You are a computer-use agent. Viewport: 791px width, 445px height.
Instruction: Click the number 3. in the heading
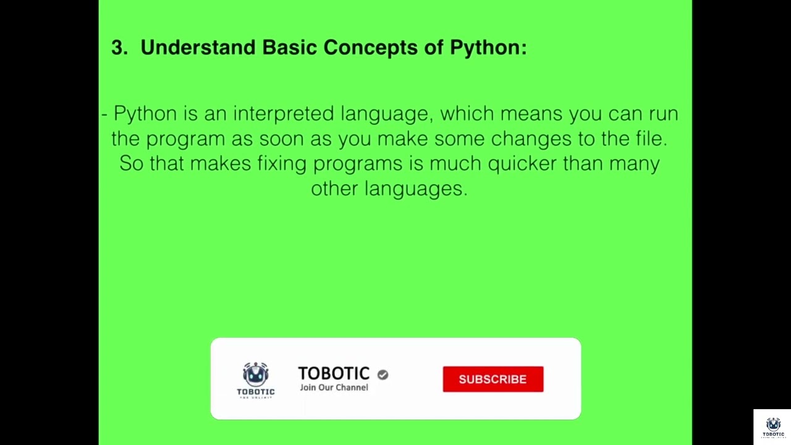tap(119, 48)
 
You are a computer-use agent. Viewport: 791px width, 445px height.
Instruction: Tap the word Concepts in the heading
tap(370, 48)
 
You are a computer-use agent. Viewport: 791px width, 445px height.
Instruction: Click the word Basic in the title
tap(290, 48)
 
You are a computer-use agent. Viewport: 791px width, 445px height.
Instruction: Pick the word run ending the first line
tap(663, 114)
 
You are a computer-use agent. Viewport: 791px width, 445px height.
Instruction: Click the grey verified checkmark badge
tap(383, 375)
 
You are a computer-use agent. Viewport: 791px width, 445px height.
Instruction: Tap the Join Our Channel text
tap(334, 388)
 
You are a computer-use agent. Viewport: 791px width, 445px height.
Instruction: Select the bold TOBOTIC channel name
tap(334, 373)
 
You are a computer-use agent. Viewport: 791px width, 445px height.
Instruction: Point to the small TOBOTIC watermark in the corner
tap(773, 427)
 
